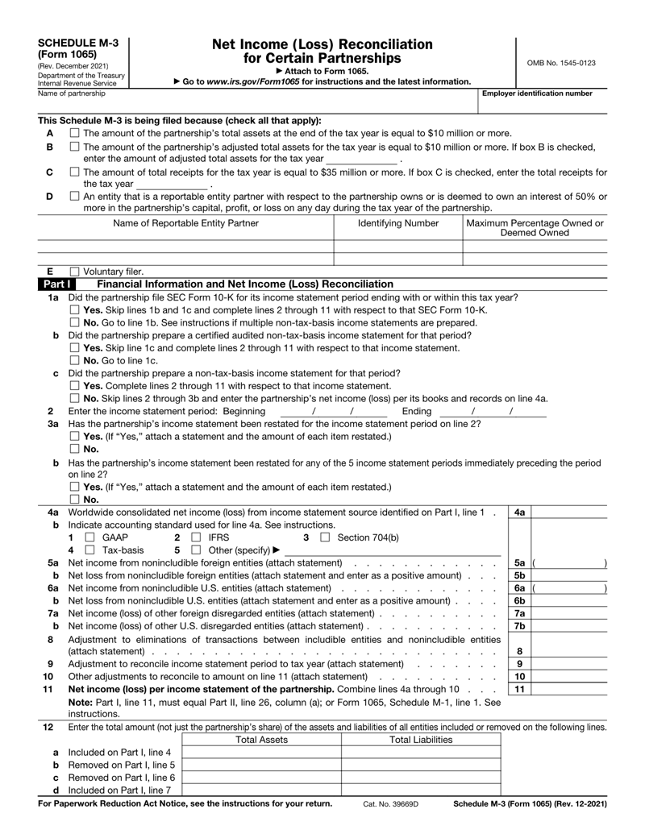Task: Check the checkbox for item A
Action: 74,133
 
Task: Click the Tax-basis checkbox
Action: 89,550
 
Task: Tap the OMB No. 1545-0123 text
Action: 562,63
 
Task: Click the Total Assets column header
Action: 261,739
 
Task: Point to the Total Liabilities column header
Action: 421,739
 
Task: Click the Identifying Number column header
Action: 397,222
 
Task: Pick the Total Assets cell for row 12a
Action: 261,753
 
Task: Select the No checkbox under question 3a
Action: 74,449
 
